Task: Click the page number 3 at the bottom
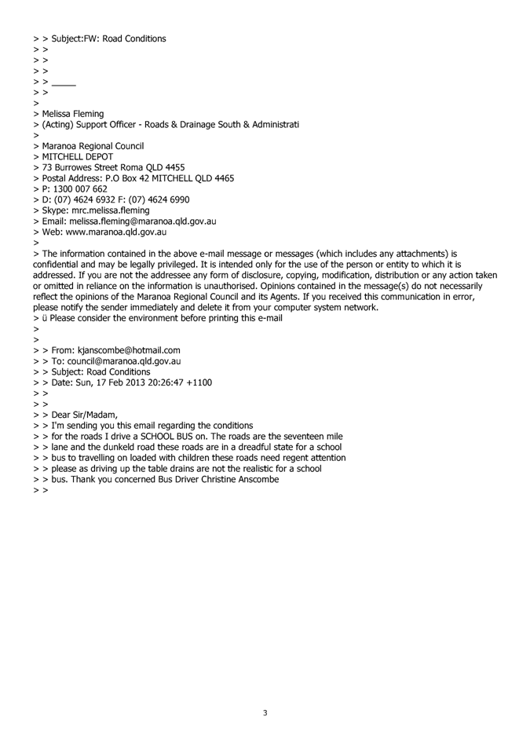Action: point(265,712)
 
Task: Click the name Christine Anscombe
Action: point(240,479)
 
